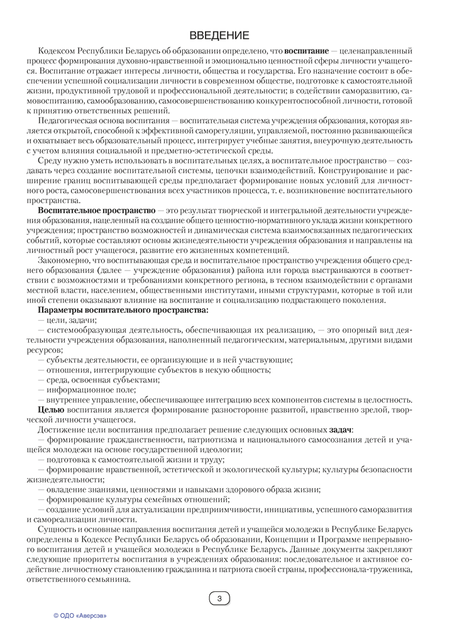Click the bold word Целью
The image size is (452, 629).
(51, 409)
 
